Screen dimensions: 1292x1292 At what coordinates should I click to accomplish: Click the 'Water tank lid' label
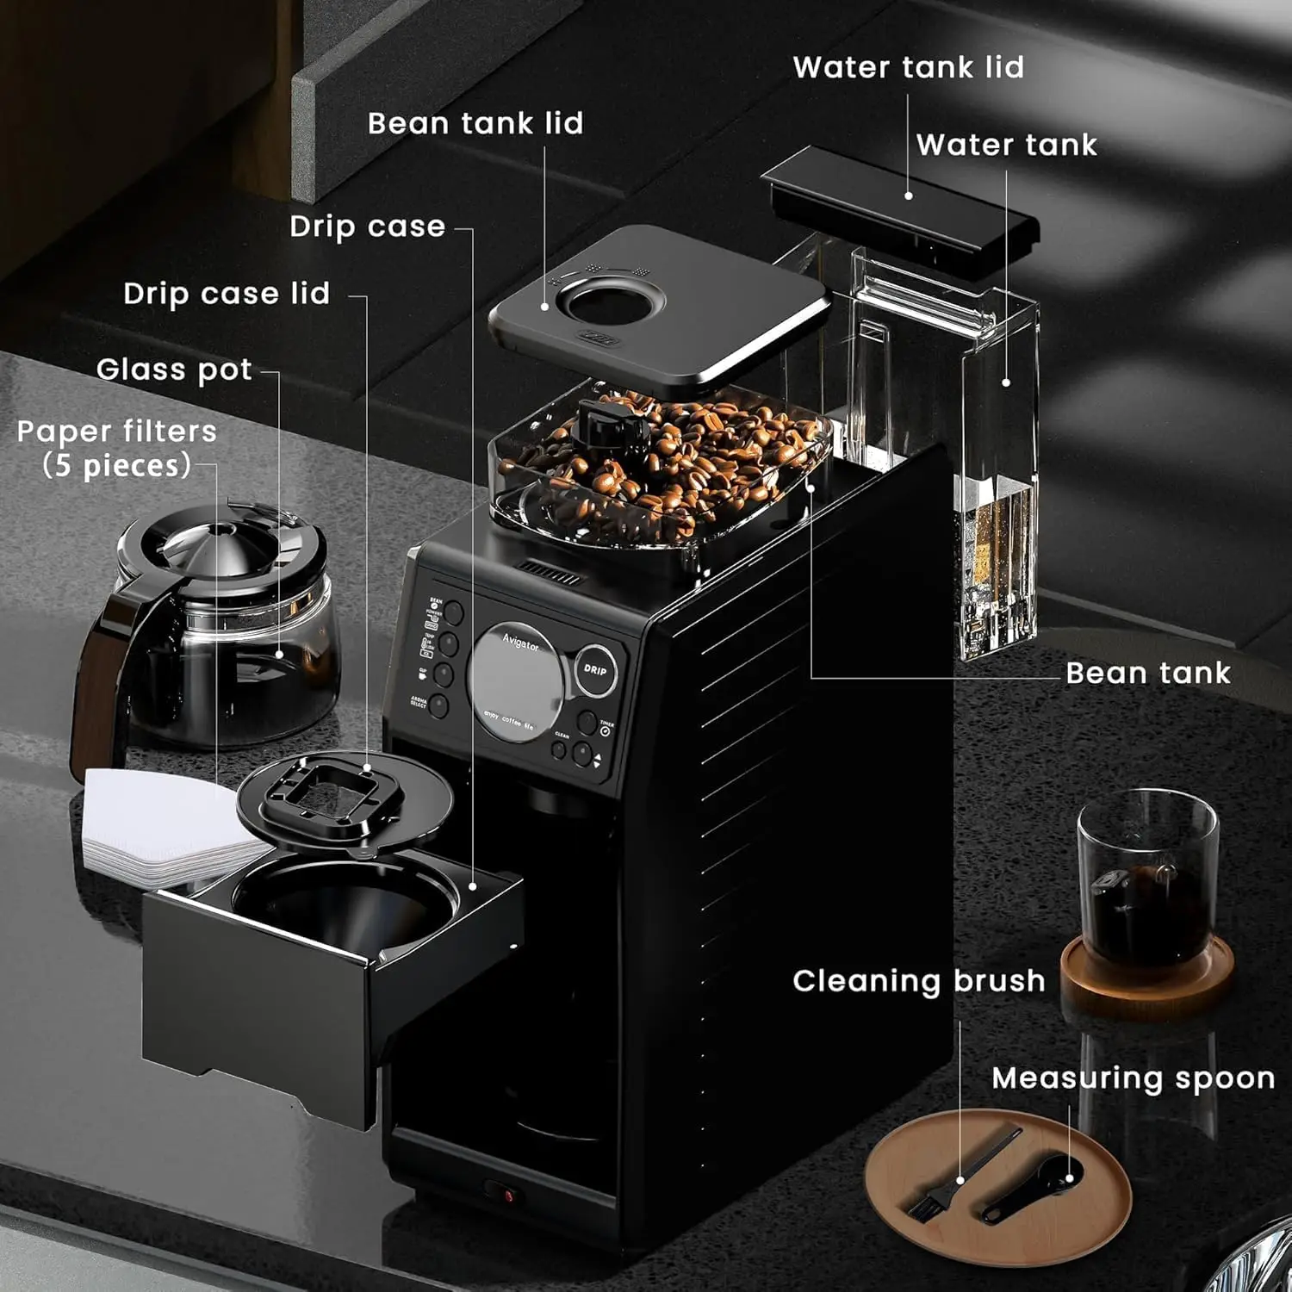908,67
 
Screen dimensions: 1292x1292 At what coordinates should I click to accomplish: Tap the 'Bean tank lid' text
475,123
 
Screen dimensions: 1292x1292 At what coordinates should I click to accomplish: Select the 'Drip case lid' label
227,294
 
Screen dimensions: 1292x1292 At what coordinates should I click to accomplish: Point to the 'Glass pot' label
175,370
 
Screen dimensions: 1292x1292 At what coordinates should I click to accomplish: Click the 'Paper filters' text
117,432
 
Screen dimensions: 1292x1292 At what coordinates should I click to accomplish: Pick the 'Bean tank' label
1147,673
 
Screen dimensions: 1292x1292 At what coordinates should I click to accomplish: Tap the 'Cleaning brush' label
918,981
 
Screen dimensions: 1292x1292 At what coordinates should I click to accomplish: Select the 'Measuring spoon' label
1133,1078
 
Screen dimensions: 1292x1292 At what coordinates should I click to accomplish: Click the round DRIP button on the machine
595,669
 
